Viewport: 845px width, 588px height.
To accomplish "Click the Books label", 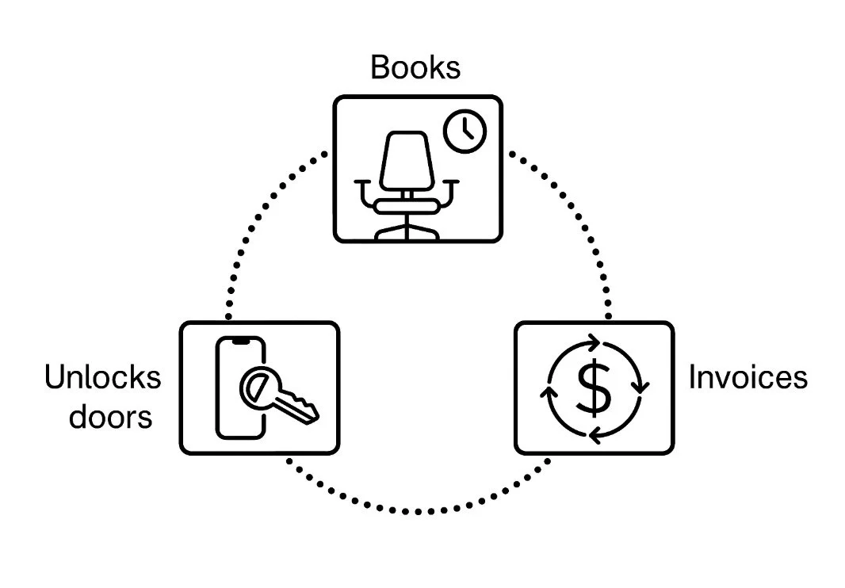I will pos(415,67).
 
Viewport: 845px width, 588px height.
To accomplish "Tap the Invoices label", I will pos(747,376).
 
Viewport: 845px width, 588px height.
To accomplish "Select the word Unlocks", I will pos(102,377).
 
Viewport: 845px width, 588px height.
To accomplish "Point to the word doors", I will pos(110,415).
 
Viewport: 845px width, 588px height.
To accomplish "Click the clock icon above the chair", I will pos(464,131).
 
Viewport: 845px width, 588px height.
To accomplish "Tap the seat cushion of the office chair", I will pos(407,206).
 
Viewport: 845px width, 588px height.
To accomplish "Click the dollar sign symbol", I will pos(594,386).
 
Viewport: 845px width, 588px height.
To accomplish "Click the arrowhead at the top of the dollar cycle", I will pos(593,343).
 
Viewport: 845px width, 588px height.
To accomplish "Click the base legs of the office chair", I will pos(407,232).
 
